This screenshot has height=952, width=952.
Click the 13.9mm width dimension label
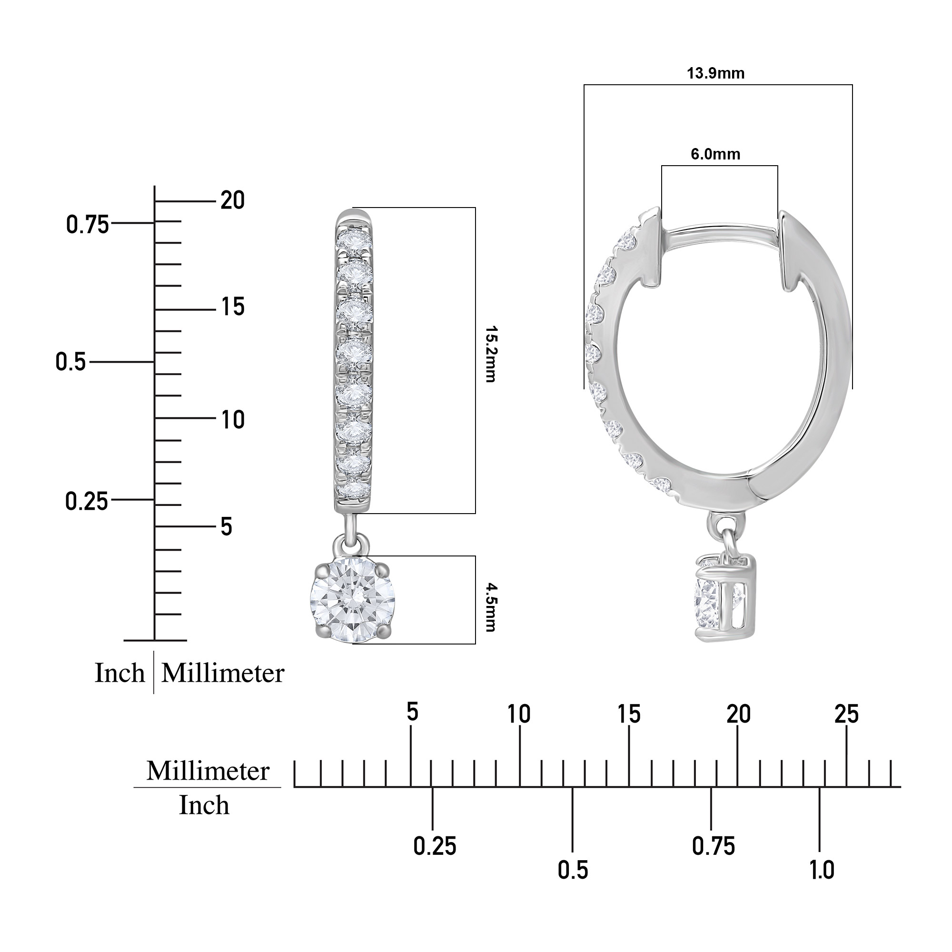715,74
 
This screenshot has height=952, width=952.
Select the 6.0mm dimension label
715,154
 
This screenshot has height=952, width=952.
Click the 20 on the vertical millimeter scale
233,200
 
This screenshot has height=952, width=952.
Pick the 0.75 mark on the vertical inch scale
87,225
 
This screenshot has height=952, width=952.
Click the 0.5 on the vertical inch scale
70,362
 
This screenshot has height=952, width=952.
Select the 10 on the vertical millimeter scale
233,420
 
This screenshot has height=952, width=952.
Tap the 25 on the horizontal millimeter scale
846,714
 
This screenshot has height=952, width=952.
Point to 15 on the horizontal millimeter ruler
629,714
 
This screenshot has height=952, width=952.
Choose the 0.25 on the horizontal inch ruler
435,846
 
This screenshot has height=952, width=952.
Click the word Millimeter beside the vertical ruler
223,673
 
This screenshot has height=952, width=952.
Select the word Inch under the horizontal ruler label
204,806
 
